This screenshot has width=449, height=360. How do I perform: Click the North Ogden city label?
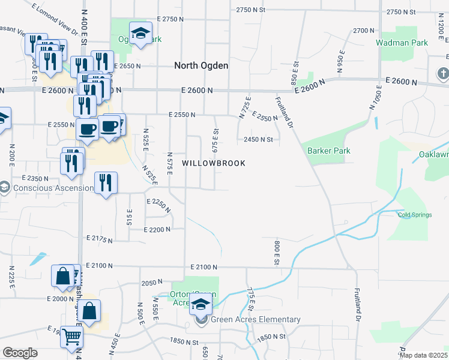point(201,65)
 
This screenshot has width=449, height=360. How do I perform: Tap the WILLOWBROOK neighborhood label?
point(214,163)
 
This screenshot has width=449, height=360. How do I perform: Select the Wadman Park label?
point(402,43)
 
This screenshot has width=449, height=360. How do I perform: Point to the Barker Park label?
point(328,151)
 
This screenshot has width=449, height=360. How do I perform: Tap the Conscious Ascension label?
point(53,188)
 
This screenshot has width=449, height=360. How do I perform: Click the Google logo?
point(20,353)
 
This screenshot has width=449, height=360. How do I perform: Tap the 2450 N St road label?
point(258,140)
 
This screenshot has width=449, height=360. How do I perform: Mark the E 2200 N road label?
point(157,229)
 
